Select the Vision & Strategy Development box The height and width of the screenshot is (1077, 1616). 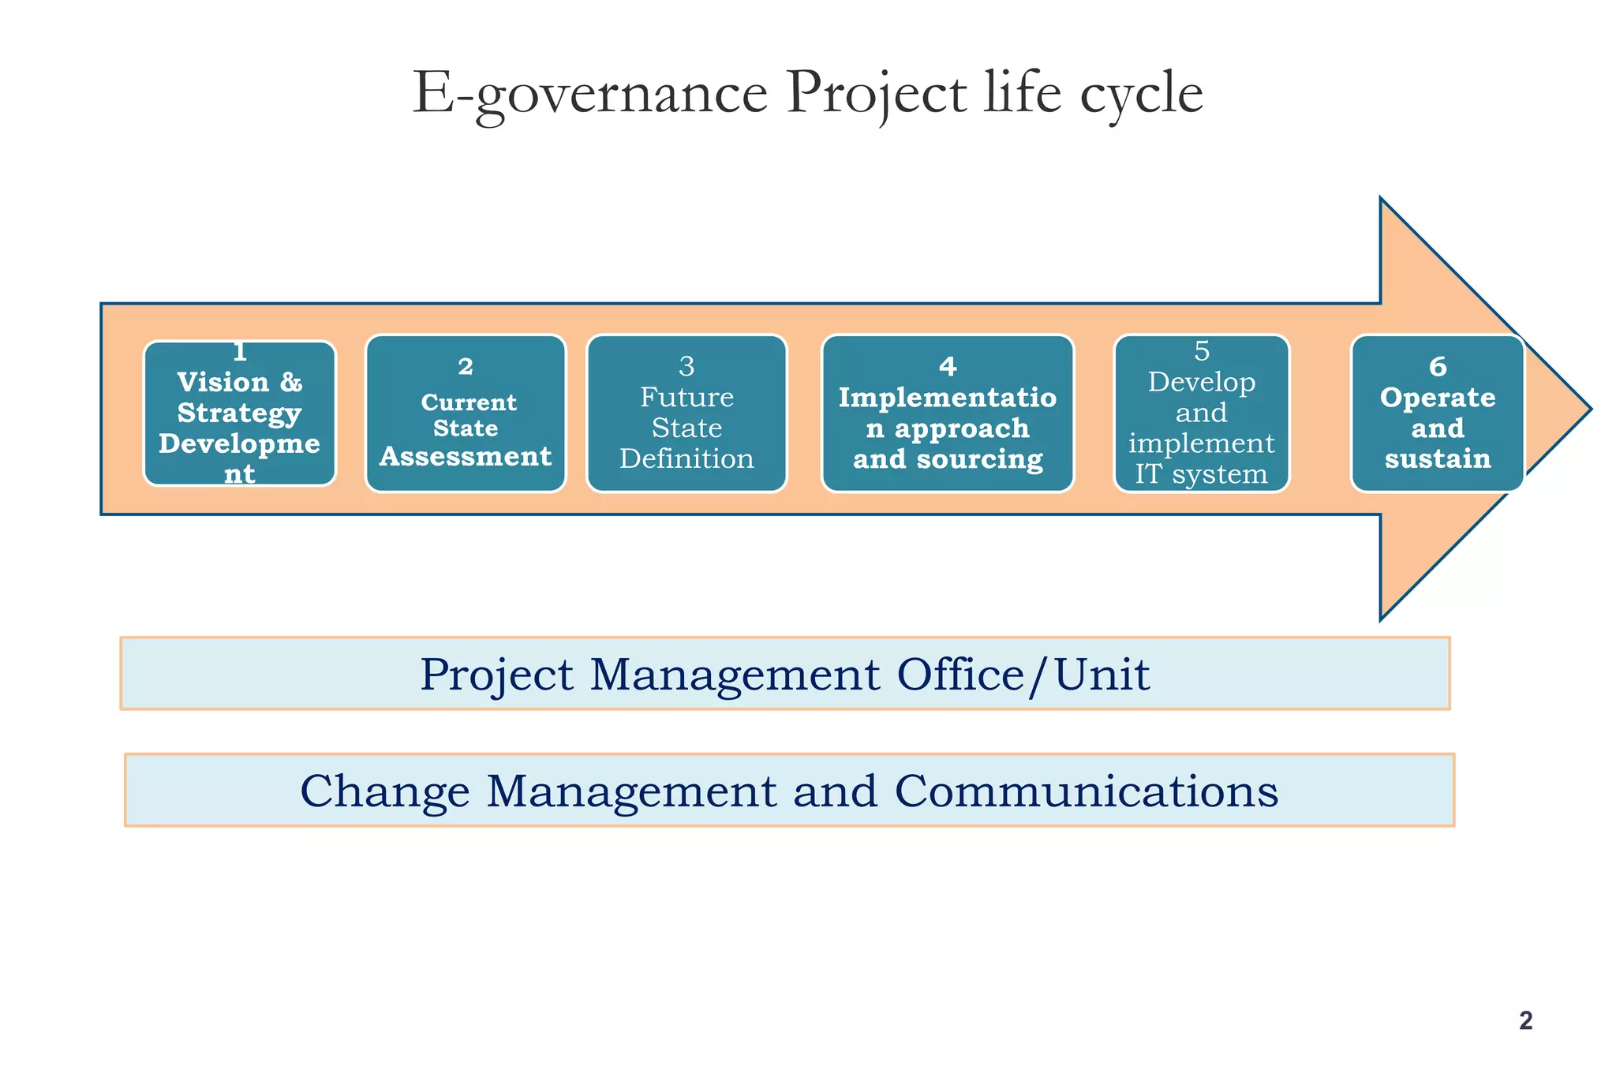tap(240, 413)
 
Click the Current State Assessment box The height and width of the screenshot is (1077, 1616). tap(466, 413)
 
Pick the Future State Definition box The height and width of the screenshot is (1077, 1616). tap(686, 413)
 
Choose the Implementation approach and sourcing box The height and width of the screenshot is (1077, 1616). tap(948, 413)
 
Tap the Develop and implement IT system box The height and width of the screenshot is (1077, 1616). tap(1201, 413)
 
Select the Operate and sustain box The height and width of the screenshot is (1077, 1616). tap(1437, 413)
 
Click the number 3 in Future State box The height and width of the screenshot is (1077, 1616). tap(686, 367)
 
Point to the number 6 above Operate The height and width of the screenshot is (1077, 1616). tap(1438, 367)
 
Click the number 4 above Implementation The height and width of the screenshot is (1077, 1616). tap(948, 367)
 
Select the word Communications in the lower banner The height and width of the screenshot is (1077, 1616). tap(1087, 791)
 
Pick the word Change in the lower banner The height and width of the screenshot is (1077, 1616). tap(384, 791)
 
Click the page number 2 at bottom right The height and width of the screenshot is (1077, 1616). tap(1525, 1021)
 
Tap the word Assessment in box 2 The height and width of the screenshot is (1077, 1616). tap(466, 457)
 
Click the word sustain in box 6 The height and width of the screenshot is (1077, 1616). tap(1438, 459)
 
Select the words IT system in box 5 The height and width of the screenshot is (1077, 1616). tap(1201, 474)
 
